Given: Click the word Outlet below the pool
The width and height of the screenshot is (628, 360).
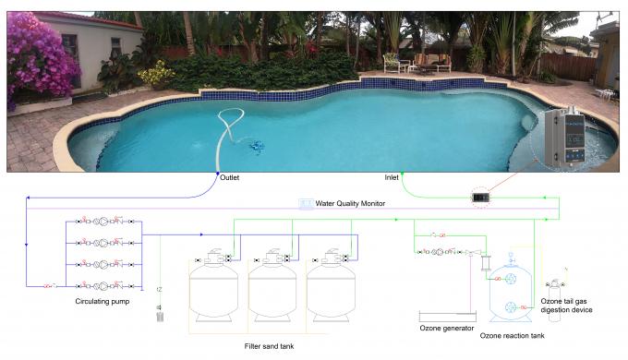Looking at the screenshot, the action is (230, 177).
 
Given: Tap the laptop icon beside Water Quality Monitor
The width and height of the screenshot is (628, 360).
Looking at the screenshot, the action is (305, 204).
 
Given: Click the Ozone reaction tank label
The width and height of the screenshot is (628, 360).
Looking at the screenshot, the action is (512, 336).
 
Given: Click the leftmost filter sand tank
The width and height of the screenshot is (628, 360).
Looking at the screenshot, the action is (212, 285).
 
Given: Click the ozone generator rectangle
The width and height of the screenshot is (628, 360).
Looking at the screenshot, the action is (447, 317).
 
